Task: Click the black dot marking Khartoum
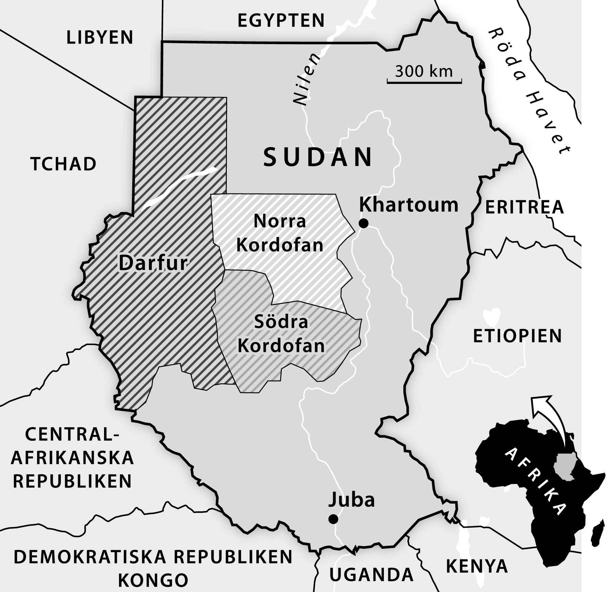(364, 223)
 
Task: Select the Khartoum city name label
(409, 205)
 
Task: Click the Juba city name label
(352, 500)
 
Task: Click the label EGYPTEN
(281, 20)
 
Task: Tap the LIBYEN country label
(100, 37)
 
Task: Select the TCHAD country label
(64, 164)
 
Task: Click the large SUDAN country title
(318, 157)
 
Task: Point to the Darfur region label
(153, 263)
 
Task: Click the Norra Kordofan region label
(279, 233)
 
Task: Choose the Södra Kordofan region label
(281, 334)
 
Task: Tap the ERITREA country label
(524, 207)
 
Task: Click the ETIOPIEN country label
(517, 336)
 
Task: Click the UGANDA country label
(371, 575)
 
